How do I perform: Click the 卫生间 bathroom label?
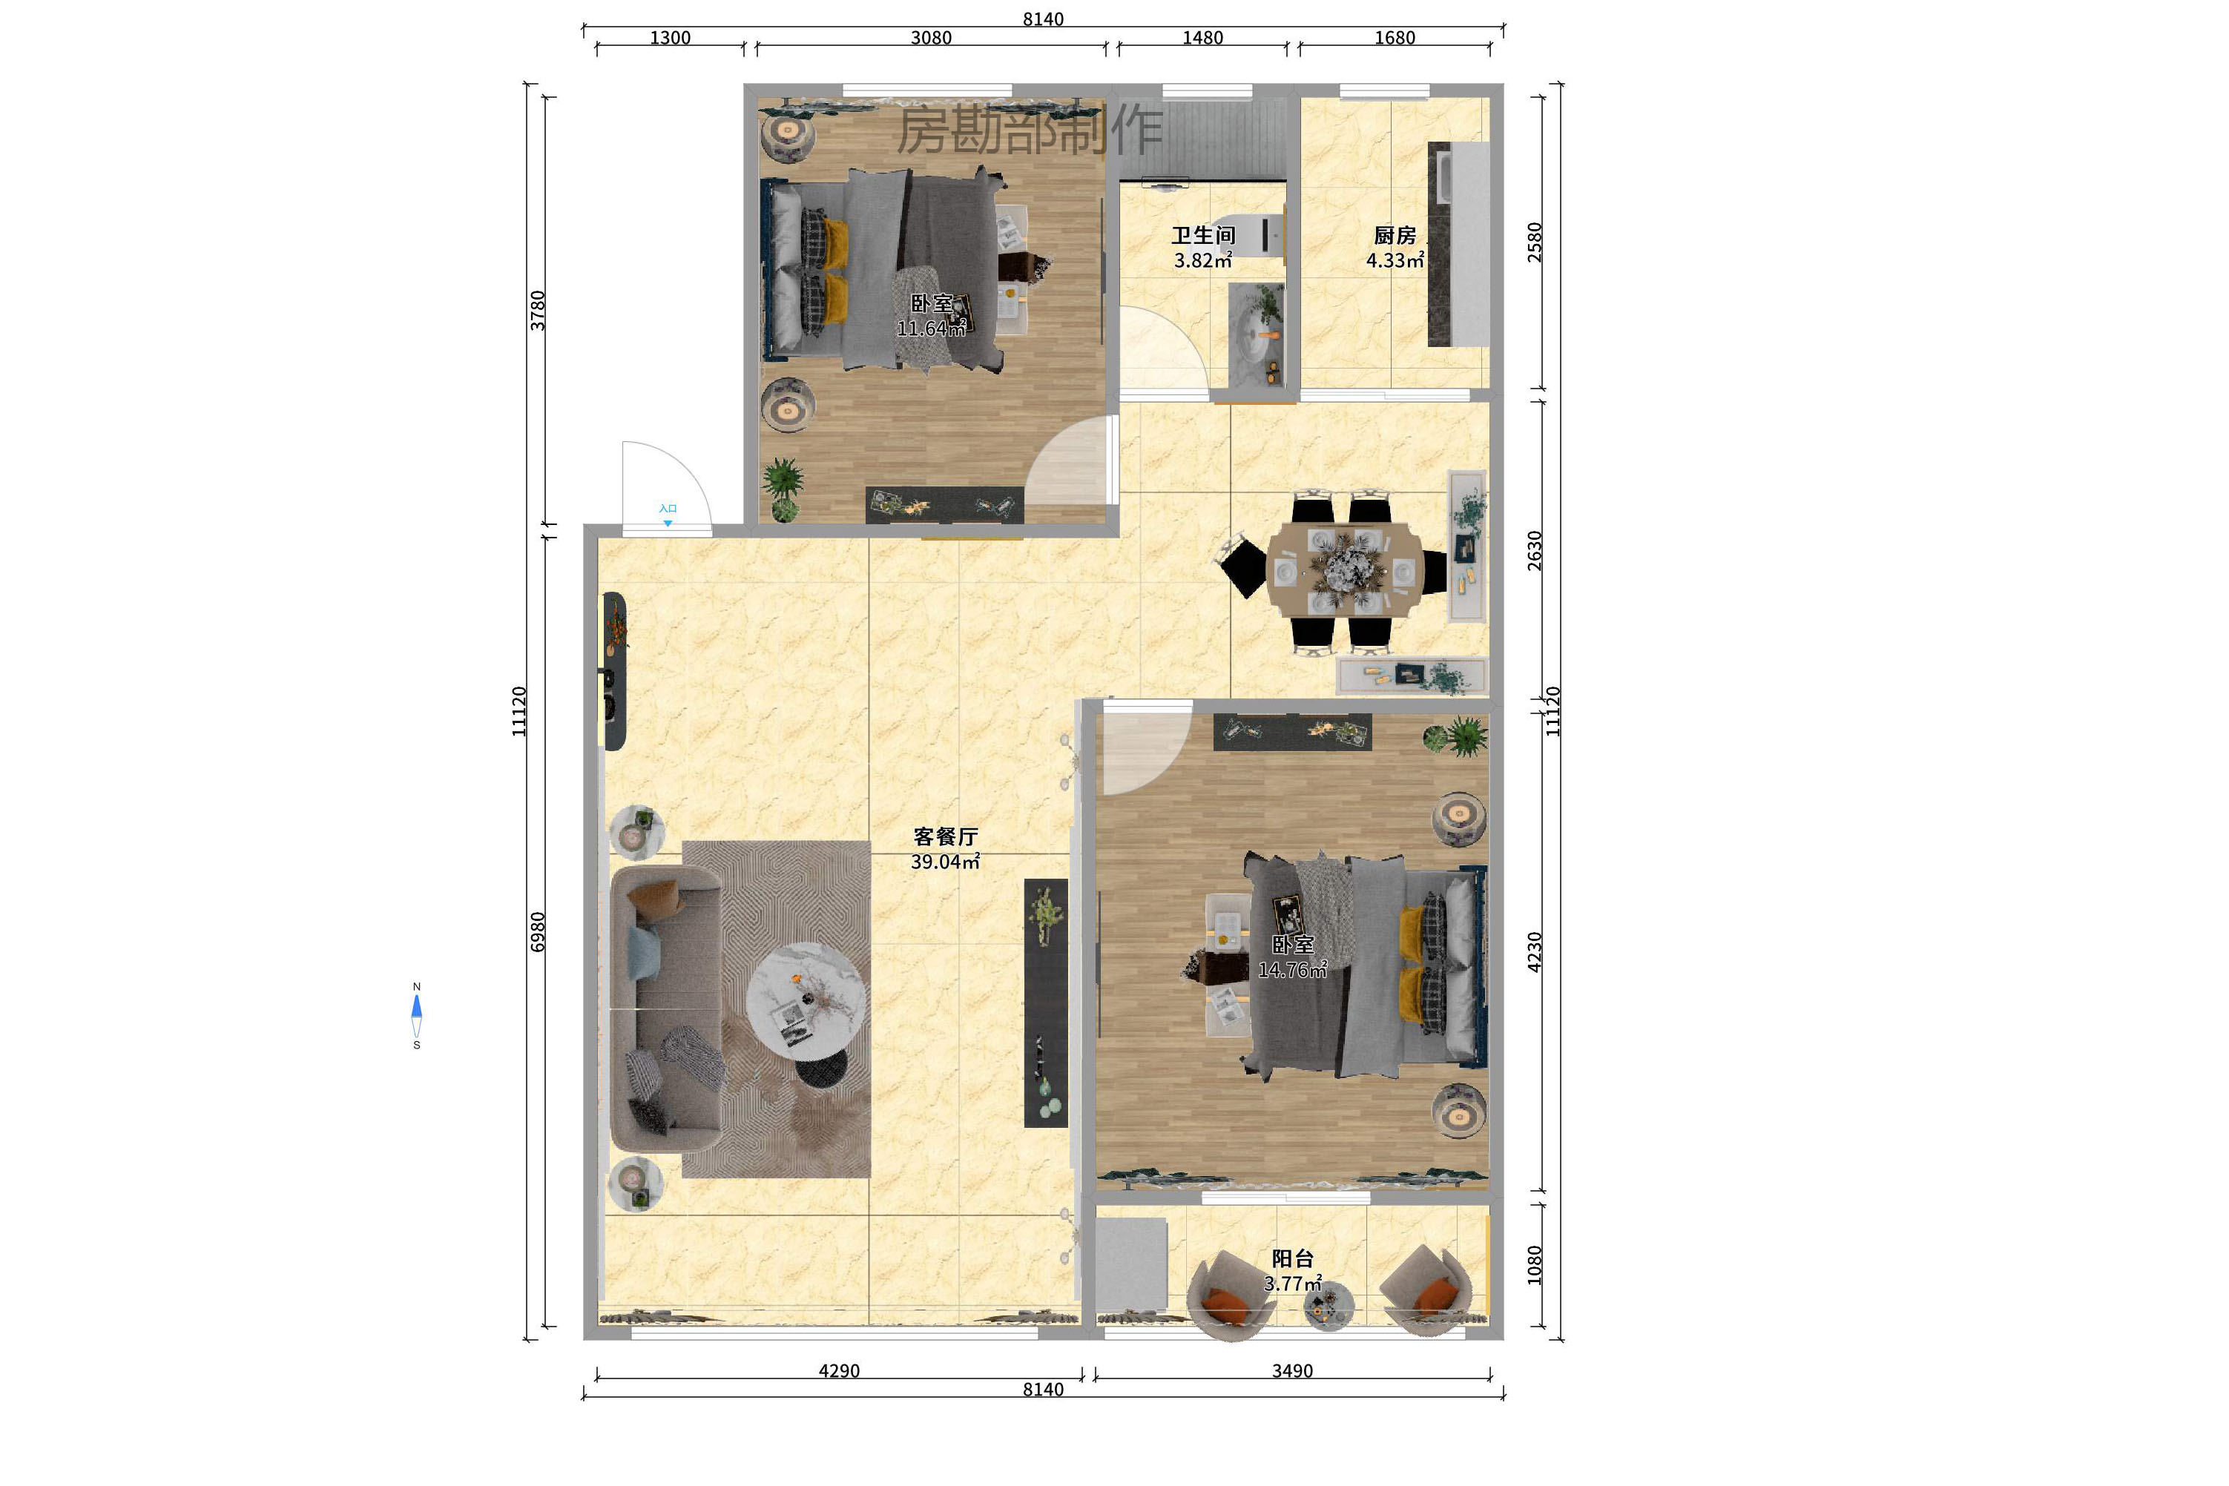point(1202,235)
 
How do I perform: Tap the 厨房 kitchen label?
point(1395,235)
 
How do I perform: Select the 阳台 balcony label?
point(1292,1258)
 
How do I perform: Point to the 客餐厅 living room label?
point(945,837)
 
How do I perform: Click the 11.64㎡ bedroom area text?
point(931,328)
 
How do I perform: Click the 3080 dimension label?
point(931,38)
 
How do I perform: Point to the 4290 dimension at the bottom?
point(839,1371)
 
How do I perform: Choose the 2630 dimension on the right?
point(1534,551)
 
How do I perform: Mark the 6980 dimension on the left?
point(538,931)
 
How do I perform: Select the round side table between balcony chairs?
point(1329,1307)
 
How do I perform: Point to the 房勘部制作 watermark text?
point(1030,130)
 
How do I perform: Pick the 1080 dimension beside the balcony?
point(1534,1265)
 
